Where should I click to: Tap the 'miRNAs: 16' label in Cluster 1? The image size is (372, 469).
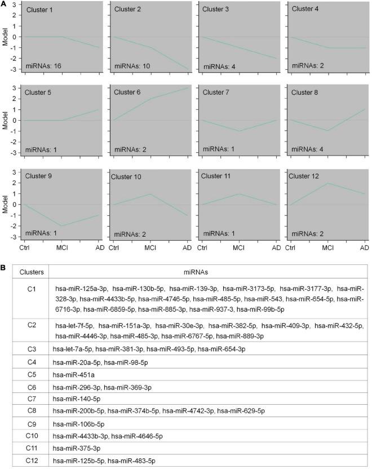[43, 67]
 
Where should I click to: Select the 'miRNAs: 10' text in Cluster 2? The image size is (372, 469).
[131, 67]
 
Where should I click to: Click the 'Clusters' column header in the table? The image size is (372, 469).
[32, 272]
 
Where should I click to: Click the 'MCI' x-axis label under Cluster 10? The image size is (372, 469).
[150, 247]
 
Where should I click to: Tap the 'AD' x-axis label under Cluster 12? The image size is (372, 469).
[364, 247]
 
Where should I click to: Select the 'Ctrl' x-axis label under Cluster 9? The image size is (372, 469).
[25, 247]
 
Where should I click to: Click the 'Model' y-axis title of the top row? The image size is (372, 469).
[5, 37]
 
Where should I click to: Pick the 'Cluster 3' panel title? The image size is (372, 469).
[218, 10]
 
